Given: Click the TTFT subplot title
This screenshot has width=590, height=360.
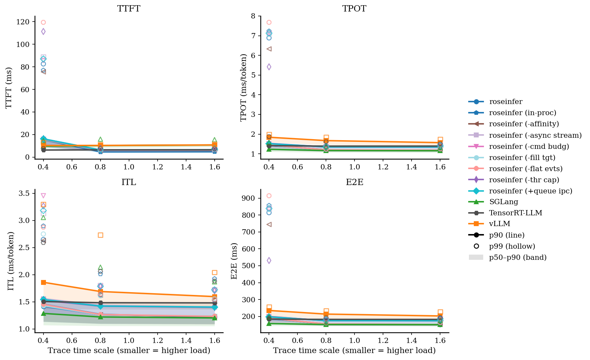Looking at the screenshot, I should click(129, 9).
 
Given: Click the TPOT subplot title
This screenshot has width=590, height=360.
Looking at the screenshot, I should click(354, 9).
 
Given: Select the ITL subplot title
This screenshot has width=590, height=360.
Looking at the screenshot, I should click(129, 182).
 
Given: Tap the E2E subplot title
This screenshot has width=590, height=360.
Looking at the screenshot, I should click(354, 182).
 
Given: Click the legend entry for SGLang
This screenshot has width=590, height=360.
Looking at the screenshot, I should click(503, 202).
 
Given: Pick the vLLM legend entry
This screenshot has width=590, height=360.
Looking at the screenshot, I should click(499, 224).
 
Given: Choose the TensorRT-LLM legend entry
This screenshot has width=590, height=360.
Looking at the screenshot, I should click(515, 213).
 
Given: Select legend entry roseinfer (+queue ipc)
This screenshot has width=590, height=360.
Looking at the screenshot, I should click(530, 191).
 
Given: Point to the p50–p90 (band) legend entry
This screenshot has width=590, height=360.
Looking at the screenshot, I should click(517, 257).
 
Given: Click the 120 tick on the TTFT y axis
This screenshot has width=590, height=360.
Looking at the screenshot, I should click(25, 22).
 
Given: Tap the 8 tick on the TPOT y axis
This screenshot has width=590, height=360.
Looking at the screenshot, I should click(253, 16).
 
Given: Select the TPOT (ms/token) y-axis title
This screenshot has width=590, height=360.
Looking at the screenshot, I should click(244, 87).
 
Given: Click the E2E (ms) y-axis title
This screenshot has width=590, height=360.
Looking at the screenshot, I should click(234, 261).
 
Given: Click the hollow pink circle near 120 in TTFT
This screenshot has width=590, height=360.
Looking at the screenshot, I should click(43, 22).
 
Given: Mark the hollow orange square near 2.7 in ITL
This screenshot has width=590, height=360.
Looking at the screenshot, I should click(101, 235).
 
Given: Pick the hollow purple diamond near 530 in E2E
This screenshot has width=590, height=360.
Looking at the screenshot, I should click(269, 261).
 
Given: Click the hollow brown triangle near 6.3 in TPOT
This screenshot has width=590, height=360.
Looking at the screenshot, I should click(269, 49).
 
